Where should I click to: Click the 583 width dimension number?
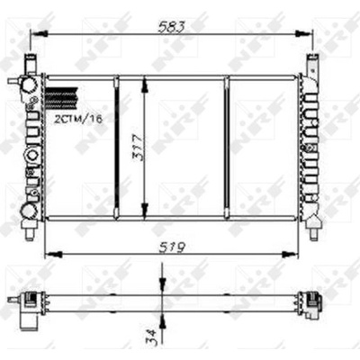[x=172, y=27]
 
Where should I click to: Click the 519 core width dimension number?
[x=172, y=247]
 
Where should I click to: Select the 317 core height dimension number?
[x=138, y=148]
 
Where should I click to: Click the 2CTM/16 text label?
[x=78, y=119]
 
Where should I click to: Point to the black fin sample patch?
[x=61, y=98]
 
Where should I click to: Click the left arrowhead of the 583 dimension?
[x=40, y=34]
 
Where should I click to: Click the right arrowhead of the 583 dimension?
[x=303, y=34]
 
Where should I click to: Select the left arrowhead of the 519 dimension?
[x=53, y=255]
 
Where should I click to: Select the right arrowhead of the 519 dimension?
[x=291, y=255]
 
